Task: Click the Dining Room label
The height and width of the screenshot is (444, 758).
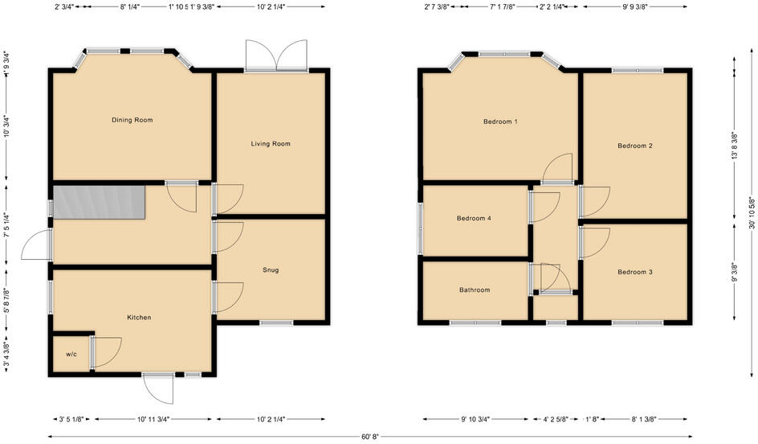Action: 132,120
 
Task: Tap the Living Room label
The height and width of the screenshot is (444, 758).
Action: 271,144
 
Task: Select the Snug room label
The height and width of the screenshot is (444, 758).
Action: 271,270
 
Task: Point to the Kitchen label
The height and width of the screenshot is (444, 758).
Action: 139,318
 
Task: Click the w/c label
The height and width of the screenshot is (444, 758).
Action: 71,354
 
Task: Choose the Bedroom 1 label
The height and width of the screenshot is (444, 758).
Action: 499,121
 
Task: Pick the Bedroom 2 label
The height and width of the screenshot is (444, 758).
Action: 634,146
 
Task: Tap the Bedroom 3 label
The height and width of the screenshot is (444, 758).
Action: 634,272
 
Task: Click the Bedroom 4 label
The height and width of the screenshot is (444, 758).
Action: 474,218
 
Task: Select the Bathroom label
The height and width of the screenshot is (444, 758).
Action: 475,290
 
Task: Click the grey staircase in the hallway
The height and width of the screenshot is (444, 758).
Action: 99,201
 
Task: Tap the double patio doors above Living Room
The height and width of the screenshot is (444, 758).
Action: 275,56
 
